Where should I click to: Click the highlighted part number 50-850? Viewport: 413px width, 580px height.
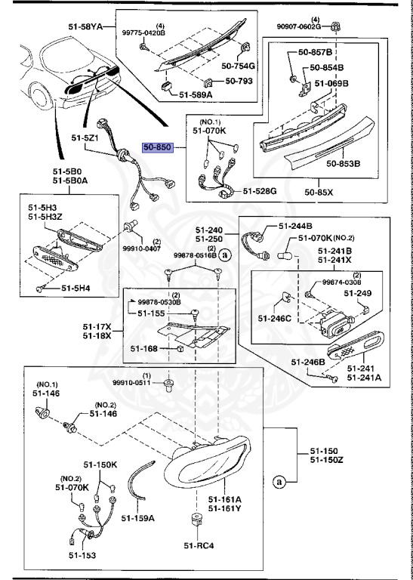tap(158, 147)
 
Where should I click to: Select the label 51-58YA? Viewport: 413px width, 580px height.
tap(85, 26)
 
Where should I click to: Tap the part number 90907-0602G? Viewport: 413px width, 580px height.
tap(299, 26)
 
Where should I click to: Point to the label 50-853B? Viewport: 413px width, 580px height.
tap(343, 163)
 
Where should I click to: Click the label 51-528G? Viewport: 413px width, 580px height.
tap(260, 191)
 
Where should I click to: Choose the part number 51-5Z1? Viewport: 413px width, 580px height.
tap(85, 138)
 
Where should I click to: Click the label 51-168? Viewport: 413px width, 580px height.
tap(143, 348)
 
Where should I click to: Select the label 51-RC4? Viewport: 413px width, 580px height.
tap(199, 545)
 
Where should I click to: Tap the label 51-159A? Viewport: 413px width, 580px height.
tap(138, 518)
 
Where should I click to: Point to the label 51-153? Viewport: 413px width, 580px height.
tap(82, 555)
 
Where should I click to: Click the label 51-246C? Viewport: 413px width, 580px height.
tap(275, 318)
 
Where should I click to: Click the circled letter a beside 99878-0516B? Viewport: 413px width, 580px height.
tap(224, 255)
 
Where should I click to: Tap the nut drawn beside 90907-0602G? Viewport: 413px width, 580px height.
tap(335, 26)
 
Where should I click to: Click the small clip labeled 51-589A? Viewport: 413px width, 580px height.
tap(166, 87)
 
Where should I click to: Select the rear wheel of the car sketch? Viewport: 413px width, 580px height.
tap(41, 97)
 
